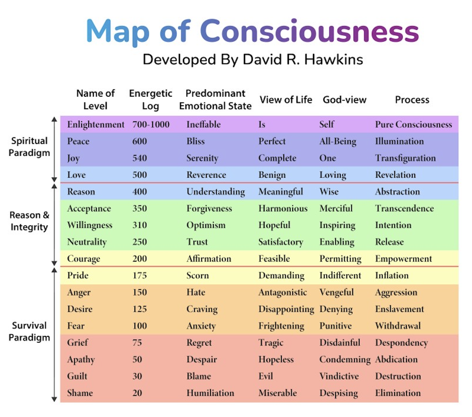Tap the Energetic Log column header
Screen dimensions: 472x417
pos(151,99)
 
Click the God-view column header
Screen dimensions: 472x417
pos(345,100)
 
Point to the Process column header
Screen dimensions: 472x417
pos(412,100)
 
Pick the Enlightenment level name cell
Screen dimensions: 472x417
pos(96,125)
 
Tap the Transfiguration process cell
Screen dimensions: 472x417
pos(405,158)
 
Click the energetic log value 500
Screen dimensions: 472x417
pos(140,175)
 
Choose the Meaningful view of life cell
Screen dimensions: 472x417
pos(280,192)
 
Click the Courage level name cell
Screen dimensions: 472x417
pos(84,259)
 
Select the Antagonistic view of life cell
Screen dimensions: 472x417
pos(282,292)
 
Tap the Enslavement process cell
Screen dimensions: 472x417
pos(399,309)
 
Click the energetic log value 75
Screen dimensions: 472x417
pos(137,343)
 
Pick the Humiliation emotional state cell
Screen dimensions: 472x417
pos(210,393)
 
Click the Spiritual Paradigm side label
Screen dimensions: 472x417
pos(30,146)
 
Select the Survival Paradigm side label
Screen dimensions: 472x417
pos(30,331)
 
